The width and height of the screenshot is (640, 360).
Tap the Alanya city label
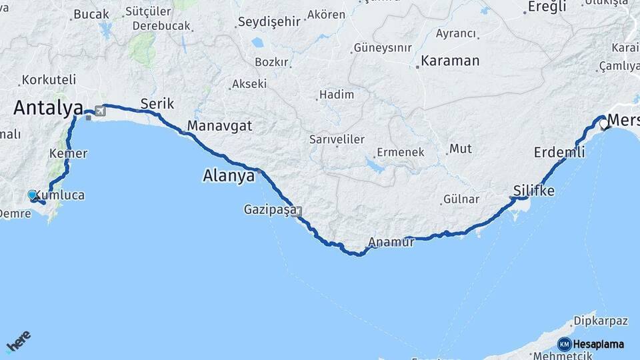click(x=229, y=177)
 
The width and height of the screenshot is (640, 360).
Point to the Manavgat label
click(x=219, y=125)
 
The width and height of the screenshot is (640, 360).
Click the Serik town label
click(x=157, y=103)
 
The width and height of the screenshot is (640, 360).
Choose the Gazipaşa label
click(x=270, y=210)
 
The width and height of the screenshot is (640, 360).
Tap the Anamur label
click(x=391, y=243)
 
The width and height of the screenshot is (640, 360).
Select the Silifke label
click(x=534, y=191)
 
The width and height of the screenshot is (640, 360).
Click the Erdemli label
click(x=559, y=153)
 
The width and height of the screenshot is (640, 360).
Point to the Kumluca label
click(x=63, y=195)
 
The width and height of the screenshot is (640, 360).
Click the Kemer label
click(x=69, y=153)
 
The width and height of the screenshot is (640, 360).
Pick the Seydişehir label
click(x=269, y=22)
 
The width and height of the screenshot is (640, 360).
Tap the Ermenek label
click(x=400, y=152)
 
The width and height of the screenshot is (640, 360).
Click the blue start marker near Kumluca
click(x=32, y=195)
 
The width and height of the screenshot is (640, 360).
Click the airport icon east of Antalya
click(x=100, y=111)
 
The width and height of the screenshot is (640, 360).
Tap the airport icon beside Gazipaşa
click(x=297, y=211)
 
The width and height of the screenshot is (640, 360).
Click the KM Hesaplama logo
click(x=591, y=344)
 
